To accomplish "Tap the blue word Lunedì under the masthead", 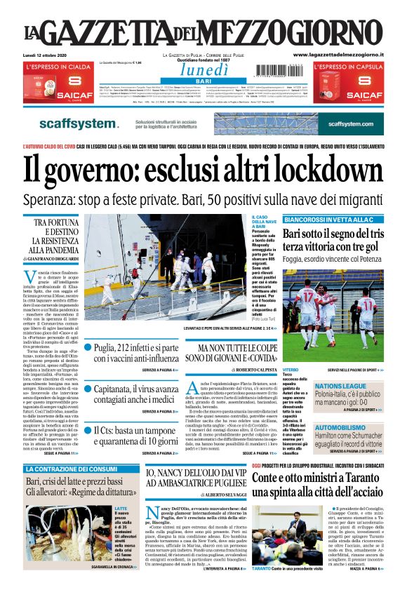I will click(203, 70).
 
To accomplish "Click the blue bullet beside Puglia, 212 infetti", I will click(88, 347).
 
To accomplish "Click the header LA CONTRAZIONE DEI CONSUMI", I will click(72, 469).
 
